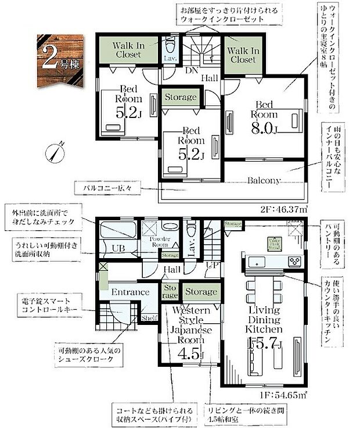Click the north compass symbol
pyautogui.click(x=54, y=153)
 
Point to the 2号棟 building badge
pyautogui.click(x=61, y=60)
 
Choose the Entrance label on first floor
pyautogui.click(x=131, y=292)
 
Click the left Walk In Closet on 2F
pyautogui.click(x=127, y=49)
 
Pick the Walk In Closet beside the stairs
pyautogui.click(x=243, y=55)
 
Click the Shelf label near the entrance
pyautogui.click(x=149, y=317)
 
